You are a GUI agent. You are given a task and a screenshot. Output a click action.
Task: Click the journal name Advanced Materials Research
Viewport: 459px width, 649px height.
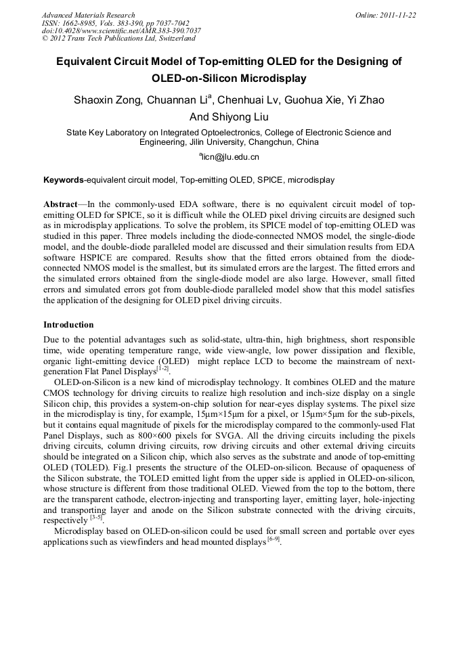pyautogui.click(x=88, y=15)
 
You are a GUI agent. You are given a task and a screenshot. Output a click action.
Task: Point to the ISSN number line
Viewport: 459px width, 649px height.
pyautogui.click(x=115, y=23)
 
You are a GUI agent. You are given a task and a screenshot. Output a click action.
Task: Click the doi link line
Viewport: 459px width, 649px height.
pyautogui.click(x=121, y=31)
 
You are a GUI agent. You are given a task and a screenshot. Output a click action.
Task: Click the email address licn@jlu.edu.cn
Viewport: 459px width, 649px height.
pyautogui.click(x=230, y=156)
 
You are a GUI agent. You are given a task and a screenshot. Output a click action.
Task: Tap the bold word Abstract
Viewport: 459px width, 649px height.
pyautogui.click(x=60, y=204)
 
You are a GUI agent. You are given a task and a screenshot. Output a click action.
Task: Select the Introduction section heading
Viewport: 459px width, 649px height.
pyautogui.click(x=68, y=325)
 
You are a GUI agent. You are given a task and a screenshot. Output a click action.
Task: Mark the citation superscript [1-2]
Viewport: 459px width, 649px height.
pyautogui.click(x=163, y=368)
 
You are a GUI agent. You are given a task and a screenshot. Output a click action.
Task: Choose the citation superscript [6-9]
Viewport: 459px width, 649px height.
pyautogui.click(x=274, y=539)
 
